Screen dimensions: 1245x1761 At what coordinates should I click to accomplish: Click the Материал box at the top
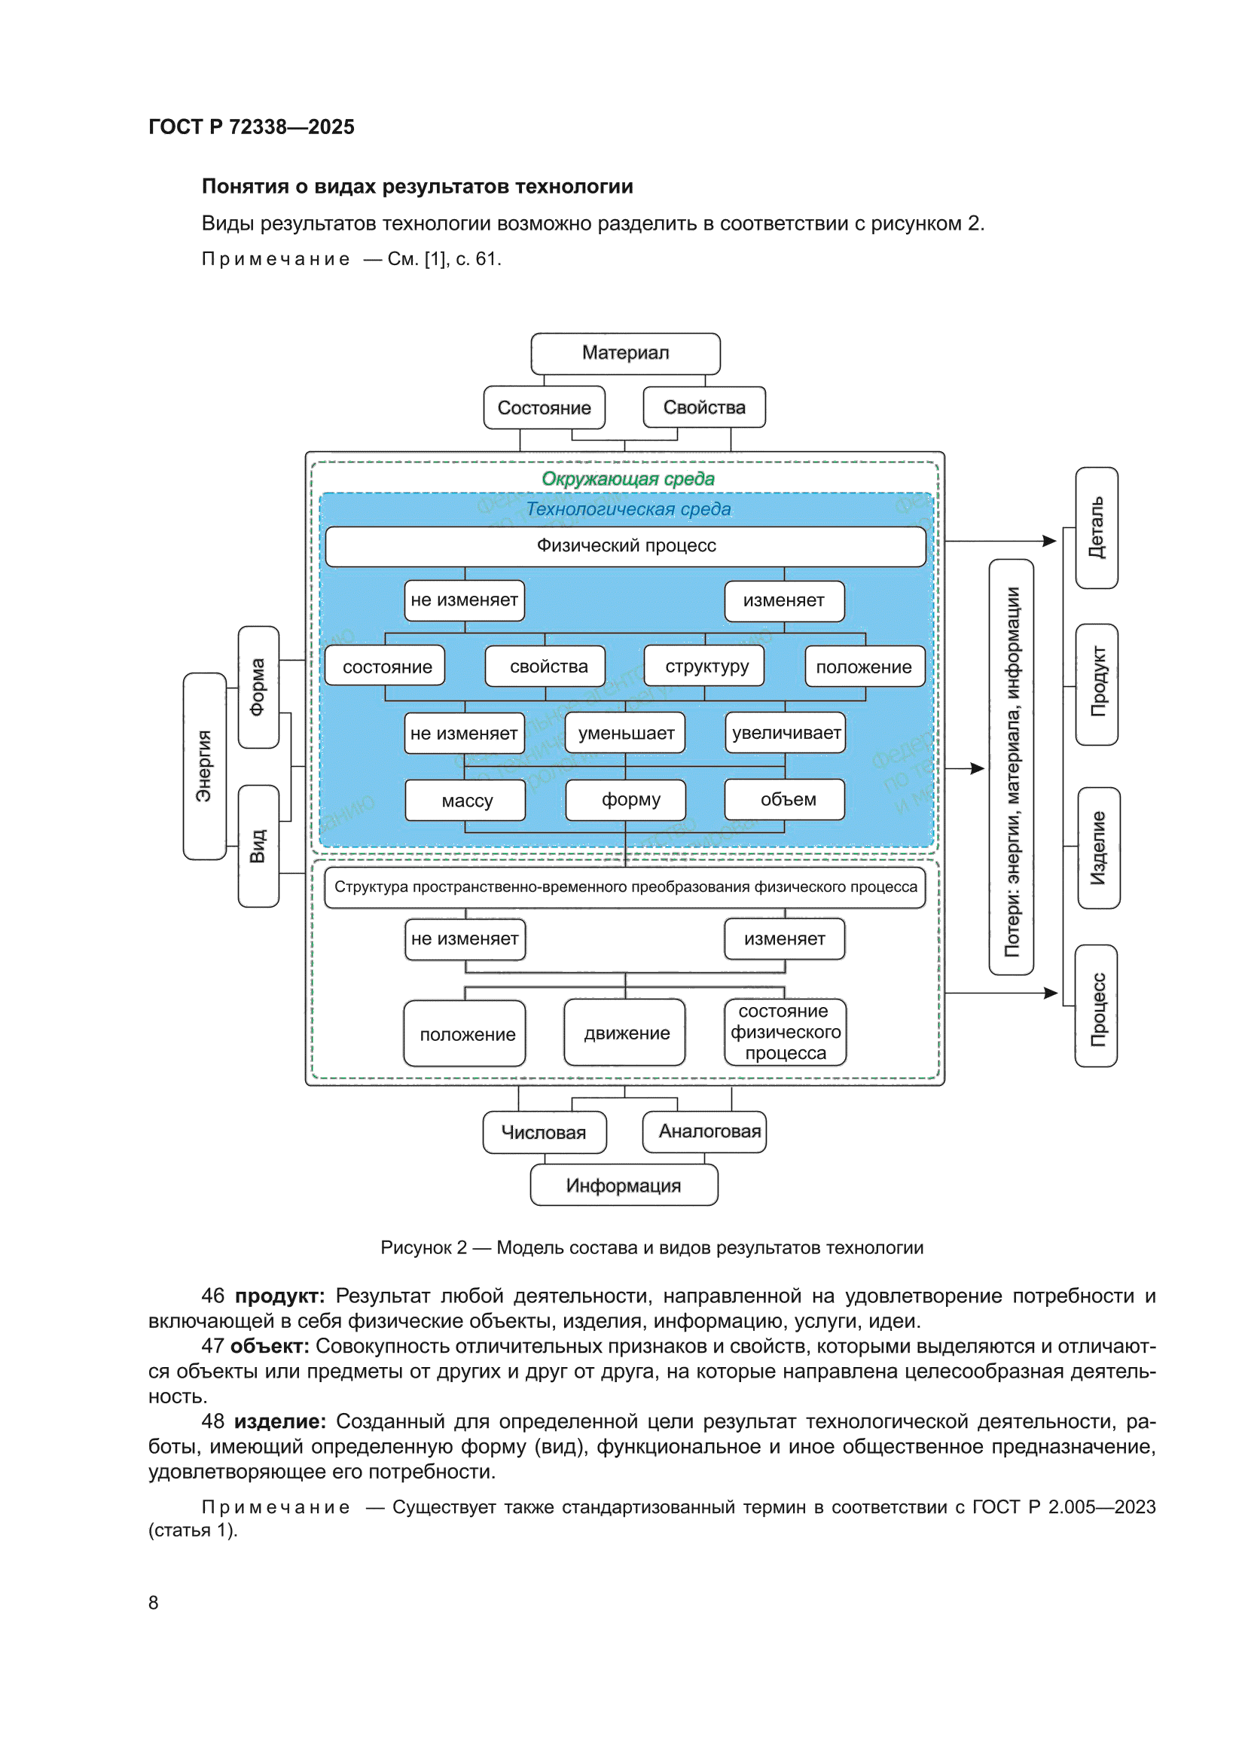[625, 353]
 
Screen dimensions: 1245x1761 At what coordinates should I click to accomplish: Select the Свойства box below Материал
[703, 407]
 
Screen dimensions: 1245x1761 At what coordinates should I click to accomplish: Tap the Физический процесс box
[626, 546]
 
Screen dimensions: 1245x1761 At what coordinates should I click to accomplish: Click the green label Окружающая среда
[628, 479]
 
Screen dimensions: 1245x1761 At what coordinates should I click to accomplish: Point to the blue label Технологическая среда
[628, 509]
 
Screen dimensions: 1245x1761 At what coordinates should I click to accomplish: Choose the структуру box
[705, 666]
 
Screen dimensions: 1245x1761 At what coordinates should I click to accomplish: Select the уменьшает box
[625, 733]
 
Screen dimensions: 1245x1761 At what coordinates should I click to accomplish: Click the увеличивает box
[786, 733]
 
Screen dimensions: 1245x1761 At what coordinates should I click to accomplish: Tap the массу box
[465, 801]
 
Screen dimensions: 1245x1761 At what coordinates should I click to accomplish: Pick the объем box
[785, 800]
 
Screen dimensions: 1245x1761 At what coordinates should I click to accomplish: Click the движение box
[625, 1033]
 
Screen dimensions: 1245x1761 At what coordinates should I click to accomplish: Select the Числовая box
[545, 1133]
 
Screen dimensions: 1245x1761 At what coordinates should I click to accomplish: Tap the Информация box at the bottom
[624, 1186]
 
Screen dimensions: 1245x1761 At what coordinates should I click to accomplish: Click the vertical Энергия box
[205, 766]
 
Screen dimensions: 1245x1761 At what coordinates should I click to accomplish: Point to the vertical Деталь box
[1097, 529]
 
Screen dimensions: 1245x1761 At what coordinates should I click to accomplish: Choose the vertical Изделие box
[1099, 848]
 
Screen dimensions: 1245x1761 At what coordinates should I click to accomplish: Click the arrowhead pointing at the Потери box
[978, 768]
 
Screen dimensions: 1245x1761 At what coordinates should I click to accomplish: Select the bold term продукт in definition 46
[279, 1296]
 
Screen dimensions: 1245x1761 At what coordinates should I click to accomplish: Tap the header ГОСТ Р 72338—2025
[252, 127]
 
